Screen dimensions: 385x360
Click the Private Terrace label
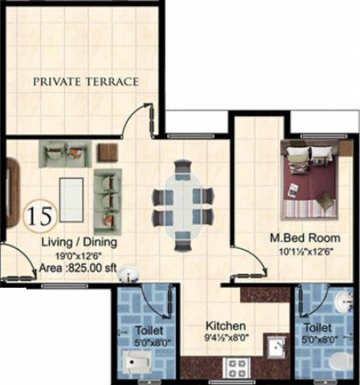tap(86, 82)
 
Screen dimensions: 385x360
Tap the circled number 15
tap(40, 215)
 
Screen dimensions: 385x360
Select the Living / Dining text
tap(79, 243)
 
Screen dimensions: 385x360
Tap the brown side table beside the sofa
tap(107, 152)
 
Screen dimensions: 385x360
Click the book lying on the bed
tap(293, 190)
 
